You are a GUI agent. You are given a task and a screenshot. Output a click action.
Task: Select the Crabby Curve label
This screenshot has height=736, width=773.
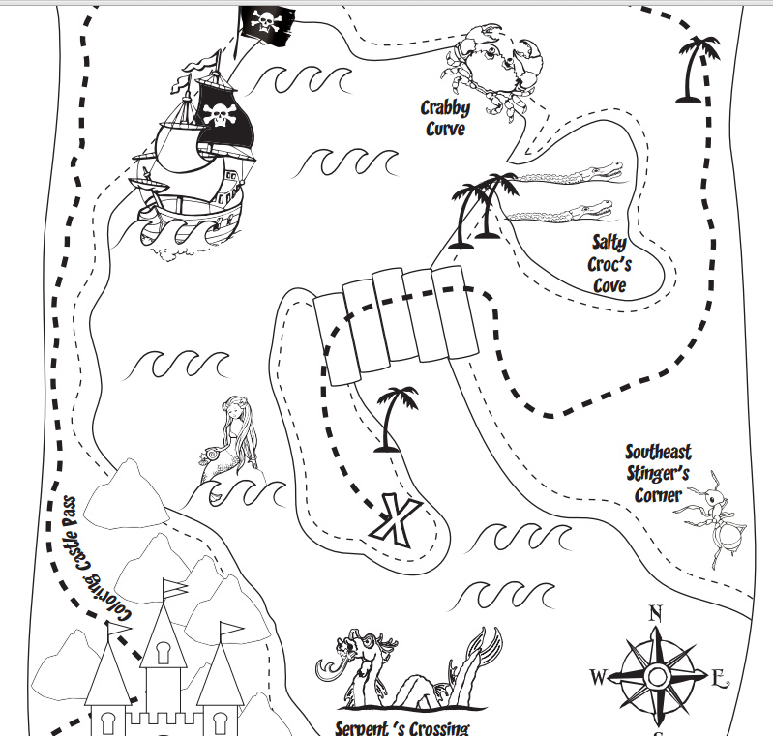[444, 118]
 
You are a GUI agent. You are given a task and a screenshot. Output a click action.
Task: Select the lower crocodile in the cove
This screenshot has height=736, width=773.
[561, 210]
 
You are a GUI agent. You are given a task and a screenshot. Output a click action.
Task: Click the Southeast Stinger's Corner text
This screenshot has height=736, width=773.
[658, 474]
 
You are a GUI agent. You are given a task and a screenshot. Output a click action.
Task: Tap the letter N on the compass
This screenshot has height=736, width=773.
[655, 612]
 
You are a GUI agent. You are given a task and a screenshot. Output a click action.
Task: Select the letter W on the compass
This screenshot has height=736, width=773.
[598, 677]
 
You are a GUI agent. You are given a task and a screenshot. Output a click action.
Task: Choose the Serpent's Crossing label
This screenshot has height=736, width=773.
[401, 727]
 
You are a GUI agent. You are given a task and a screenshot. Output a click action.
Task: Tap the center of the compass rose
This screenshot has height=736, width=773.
[657, 676]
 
